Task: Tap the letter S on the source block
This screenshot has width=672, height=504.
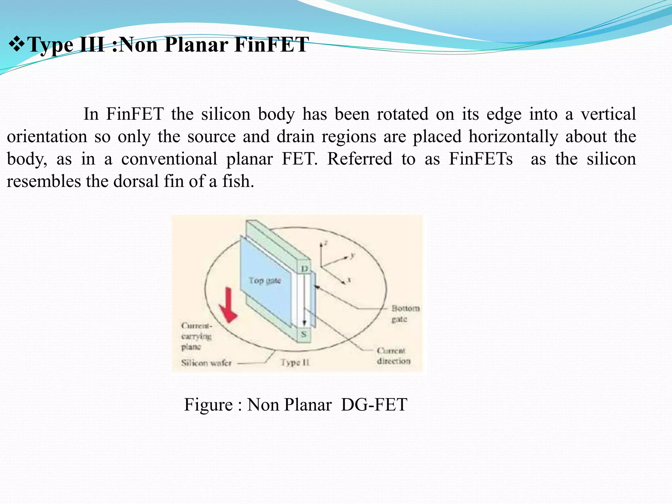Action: pyautogui.click(x=304, y=334)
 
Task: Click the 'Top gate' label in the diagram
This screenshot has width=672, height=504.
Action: pyautogui.click(x=264, y=281)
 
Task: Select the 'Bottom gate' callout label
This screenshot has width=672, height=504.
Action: pyautogui.click(x=405, y=313)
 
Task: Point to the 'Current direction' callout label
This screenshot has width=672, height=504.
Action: pyautogui.click(x=393, y=356)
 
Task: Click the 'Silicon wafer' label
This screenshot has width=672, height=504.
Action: pyautogui.click(x=206, y=363)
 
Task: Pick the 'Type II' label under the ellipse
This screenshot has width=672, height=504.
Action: pyautogui.click(x=295, y=363)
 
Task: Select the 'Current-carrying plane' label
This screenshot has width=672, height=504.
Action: pyautogui.click(x=196, y=336)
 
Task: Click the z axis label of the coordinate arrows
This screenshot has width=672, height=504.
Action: pyautogui.click(x=325, y=243)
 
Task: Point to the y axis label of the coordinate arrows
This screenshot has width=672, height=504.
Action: pyautogui.click(x=352, y=255)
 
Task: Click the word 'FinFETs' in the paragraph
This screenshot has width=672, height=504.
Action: pyautogui.click(x=480, y=159)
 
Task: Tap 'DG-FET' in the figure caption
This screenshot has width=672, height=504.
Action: pyautogui.click(x=374, y=404)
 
